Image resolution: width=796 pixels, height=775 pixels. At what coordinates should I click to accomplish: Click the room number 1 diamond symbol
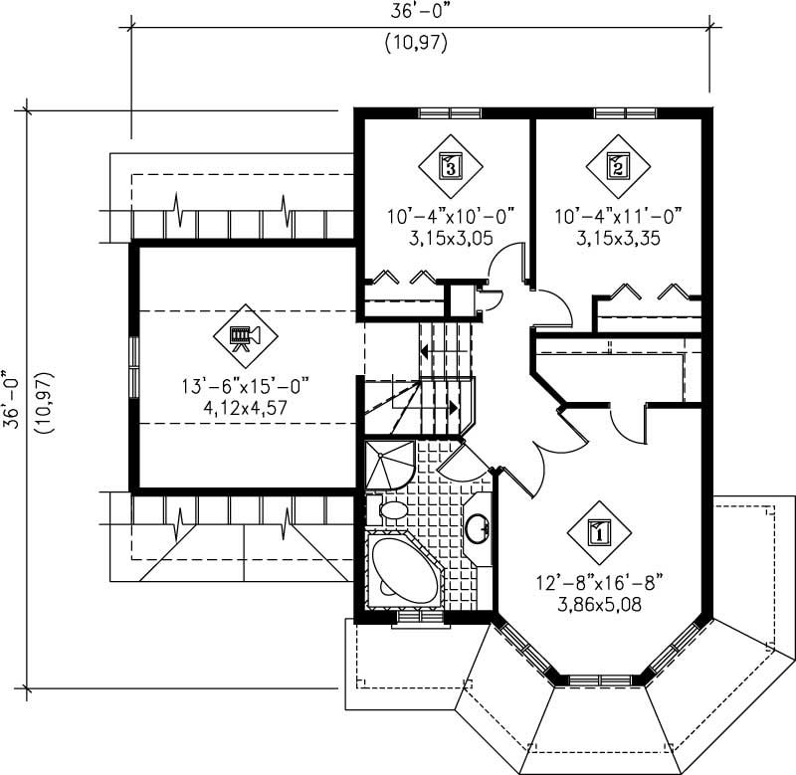(x=599, y=531)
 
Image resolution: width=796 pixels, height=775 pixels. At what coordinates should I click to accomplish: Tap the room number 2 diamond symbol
(x=617, y=165)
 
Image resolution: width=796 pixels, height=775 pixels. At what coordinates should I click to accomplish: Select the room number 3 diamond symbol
(x=450, y=165)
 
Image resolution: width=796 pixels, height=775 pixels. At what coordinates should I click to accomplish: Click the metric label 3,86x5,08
(x=599, y=600)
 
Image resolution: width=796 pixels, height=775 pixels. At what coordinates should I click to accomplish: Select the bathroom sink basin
(x=479, y=527)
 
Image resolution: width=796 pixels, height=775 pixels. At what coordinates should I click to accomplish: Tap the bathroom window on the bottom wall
(x=419, y=618)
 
